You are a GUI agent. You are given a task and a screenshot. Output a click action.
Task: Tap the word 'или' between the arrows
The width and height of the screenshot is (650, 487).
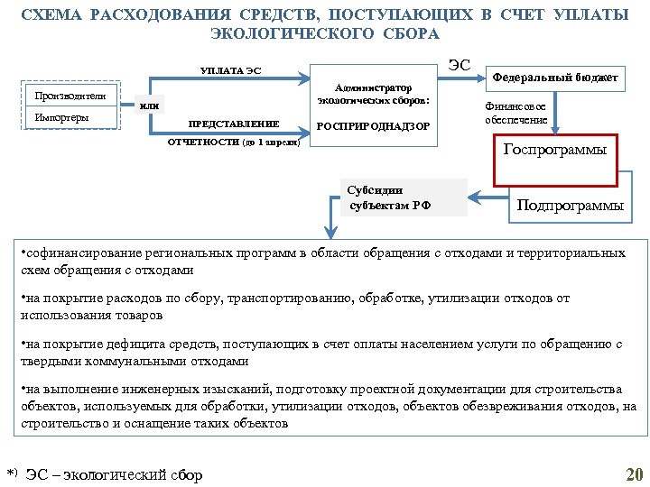[x=150, y=106]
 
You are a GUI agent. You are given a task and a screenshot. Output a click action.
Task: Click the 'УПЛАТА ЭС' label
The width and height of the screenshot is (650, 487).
[x=230, y=71]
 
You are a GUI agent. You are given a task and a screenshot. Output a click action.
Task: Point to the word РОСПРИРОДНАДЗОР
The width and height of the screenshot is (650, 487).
[x=373, y=125]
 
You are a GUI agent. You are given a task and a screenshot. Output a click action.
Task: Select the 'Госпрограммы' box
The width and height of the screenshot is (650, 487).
[x=553, y=149]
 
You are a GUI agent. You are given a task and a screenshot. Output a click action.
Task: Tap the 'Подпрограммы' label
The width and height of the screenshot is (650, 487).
[x=569, y=205]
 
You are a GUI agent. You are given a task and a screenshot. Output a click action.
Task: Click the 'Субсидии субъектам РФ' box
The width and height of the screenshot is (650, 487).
[x=389, y=198]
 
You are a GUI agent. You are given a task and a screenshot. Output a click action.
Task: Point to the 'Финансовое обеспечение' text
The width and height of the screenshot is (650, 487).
[x=514, y=113]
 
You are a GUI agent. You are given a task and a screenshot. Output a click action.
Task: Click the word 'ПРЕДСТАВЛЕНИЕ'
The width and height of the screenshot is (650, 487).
[x=232, y=124]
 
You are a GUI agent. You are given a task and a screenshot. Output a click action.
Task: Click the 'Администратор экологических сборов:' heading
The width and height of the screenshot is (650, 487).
[x=373, y=94]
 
